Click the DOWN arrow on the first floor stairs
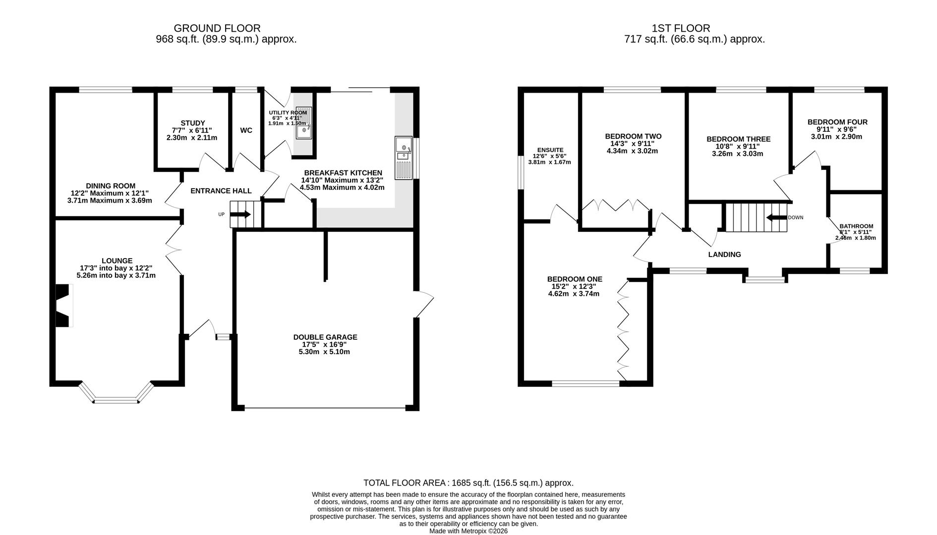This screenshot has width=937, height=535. (x=776, y=217)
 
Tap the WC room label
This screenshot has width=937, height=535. (x=246, y=130)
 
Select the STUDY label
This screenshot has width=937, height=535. (x=193, y=123)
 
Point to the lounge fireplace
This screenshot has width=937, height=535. (x=62, y=306)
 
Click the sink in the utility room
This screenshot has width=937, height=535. (x=303, y=122)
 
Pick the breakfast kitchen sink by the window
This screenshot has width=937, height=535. (x=404, y=158)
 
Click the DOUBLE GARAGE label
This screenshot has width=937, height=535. (x=325, y=337)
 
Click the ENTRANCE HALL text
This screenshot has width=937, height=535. (x=221, y=191)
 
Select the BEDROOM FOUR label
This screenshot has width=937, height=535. (x=837, y=122)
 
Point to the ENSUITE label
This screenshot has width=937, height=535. (x=550, y=150)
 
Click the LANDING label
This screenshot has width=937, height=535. (x=724, y=255)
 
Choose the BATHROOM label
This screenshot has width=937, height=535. (x=856, y=226)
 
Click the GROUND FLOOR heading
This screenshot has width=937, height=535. (x=217, y=28)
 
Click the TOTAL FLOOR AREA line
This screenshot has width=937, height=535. (x=468, y=482)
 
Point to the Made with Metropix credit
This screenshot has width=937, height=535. (x=468, y=531)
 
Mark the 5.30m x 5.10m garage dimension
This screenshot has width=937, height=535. (x=325, y=352)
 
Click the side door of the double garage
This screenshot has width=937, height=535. (x=424, y=304)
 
